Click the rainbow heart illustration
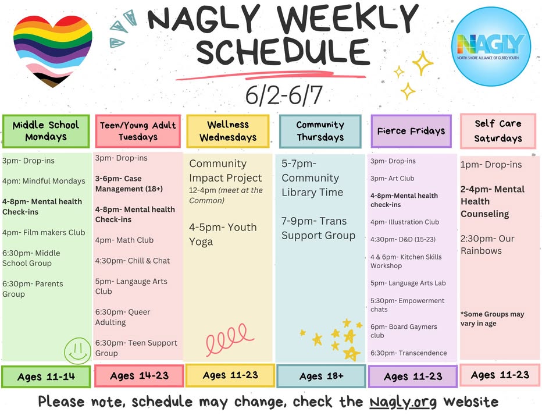[52, 51]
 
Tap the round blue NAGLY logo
[491, 47]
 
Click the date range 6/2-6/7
[284, 95]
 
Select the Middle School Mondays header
[46, 131]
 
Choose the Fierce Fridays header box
[411, 131]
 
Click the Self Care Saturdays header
[498, 131]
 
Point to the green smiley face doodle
[77, 350]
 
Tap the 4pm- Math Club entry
[124, 240]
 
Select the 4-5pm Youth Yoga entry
[223, 235]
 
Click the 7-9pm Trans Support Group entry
[318, 228]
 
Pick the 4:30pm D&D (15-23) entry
[403, 239]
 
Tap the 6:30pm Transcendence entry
[409, 353]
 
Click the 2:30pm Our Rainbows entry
[487, 244]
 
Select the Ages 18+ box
[321, 376]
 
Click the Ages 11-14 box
[46, 377]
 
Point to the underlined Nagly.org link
[403, 402]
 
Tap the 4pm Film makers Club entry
[44, 233]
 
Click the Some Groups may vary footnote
[492, 319]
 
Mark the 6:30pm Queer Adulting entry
[123, 317]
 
